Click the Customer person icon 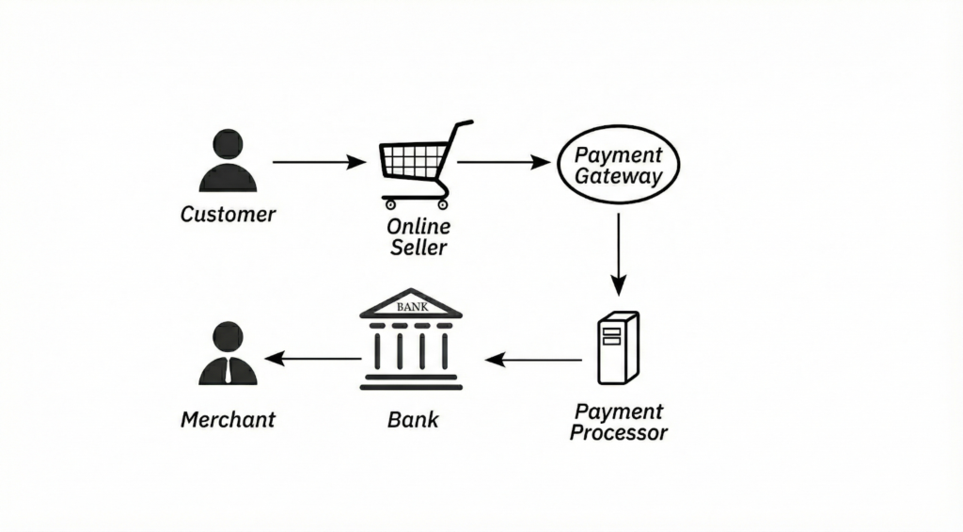[x=228, y=161]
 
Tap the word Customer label [x=228, y=214]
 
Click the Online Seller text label [x=418, y=237]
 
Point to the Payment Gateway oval [x=618, y=165]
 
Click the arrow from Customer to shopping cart [x=318, y=162]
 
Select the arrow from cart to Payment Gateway [x=503, y=162]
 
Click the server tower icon [x=617, y=347]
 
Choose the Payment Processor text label [x=618, y=422]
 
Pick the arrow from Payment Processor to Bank [x=533, y=359]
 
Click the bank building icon [x=411, y=340]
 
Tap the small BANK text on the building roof [x=411, y=307]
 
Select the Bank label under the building [x=412, y=418]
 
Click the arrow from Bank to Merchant [x=312, y=358]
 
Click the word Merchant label [x=228, y=419]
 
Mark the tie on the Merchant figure [x=228, y=371]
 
